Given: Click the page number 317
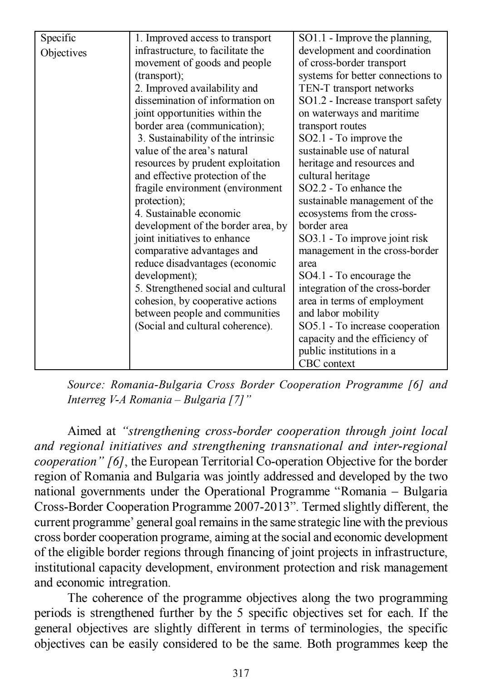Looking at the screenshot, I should (240, 673).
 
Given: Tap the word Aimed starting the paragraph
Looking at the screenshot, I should (83, 431).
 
